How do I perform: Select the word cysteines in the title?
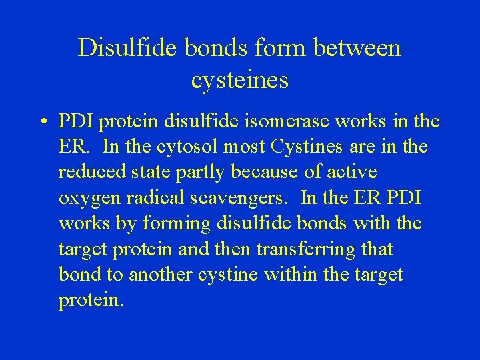point(239,80)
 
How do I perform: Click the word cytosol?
point(170,147)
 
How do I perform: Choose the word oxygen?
point(85,199)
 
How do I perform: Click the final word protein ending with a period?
point(91,301)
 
